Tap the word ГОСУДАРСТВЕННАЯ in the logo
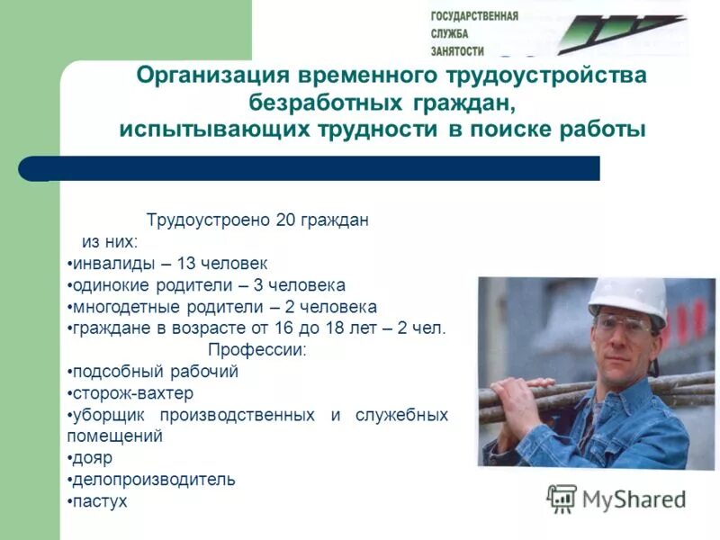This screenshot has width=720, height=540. click(x=474, y=16)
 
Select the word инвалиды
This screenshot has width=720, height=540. click(x=109, y=264)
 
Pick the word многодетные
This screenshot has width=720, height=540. click(x=121, y=307)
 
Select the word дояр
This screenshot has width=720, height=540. click(x=93, y=458)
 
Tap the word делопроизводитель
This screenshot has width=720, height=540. click(x=154, y=480)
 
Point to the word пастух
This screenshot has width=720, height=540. click(x=100, y=501)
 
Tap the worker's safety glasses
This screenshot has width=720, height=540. click(x=619, y=325)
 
